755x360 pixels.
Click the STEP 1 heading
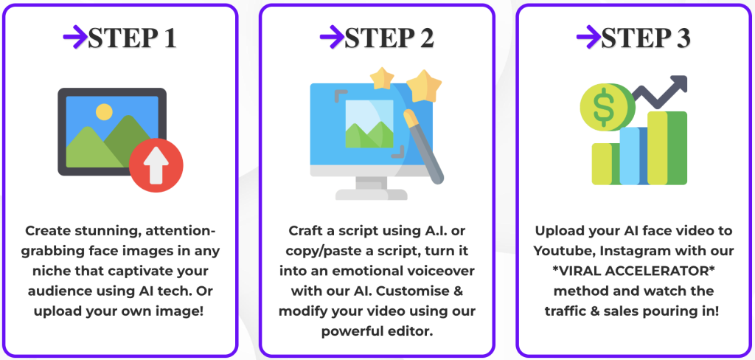click(x=132, y=38)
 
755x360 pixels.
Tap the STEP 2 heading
click(x=389, y=38)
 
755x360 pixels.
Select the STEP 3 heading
click(x=646, y=38)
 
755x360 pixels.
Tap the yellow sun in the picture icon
click(x=103, y=113)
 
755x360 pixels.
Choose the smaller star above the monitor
click(x=382, y=77)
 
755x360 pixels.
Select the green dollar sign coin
click(x=603, y=108)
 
